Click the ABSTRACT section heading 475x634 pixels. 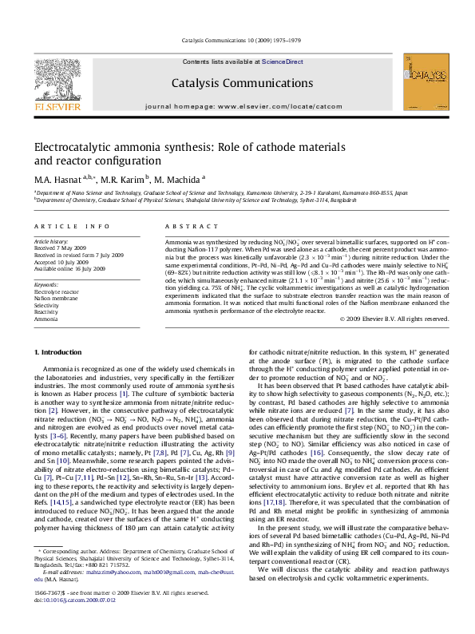pyautogui.click(x=185, y=227)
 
